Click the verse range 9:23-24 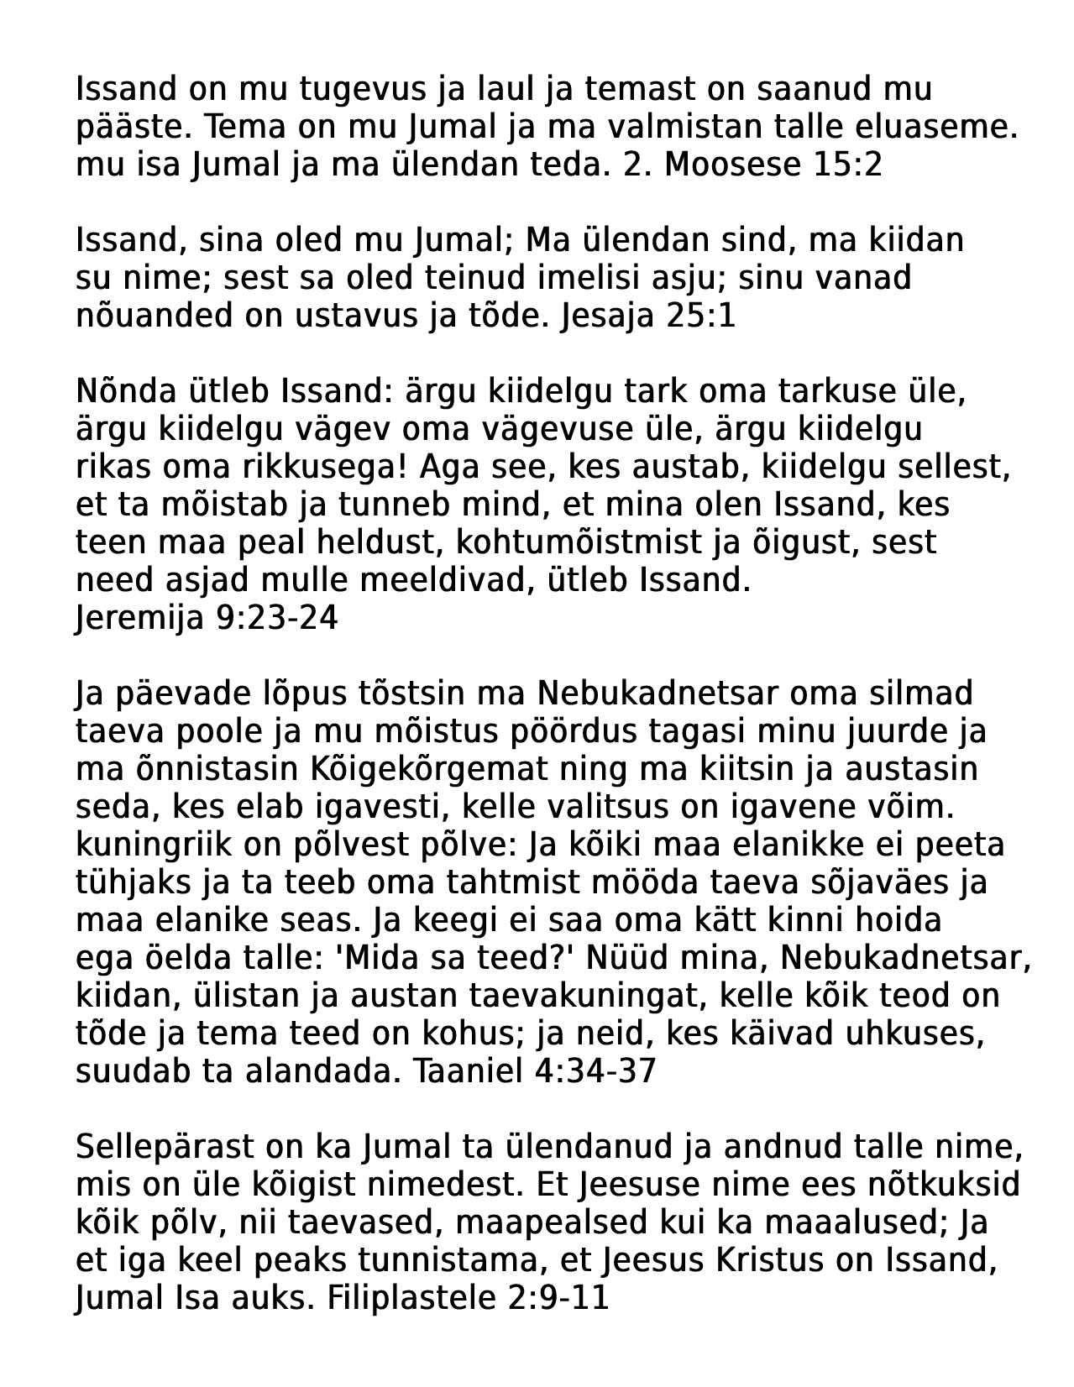tap(276, 619)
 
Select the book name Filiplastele tap(411, 1299)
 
